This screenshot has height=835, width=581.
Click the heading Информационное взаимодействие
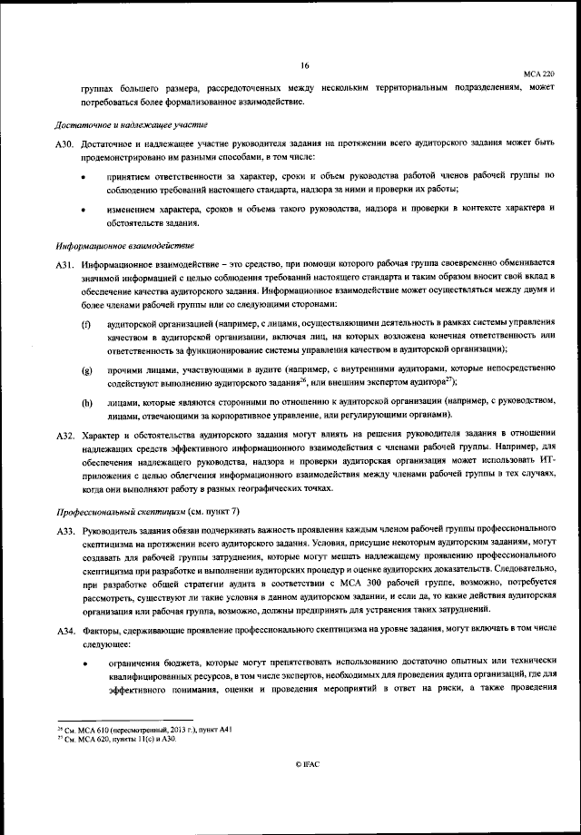tap(125, 246)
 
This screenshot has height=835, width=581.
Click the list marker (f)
tap(87, 324)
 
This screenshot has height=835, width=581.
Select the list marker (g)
tap(87, 371)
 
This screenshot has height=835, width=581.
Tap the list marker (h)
tap(87, 402)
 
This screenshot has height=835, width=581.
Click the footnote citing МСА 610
tap(133, 729)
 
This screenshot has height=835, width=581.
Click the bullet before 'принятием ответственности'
tap(84, 175)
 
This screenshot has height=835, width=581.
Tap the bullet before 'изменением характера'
tap(84, 210)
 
